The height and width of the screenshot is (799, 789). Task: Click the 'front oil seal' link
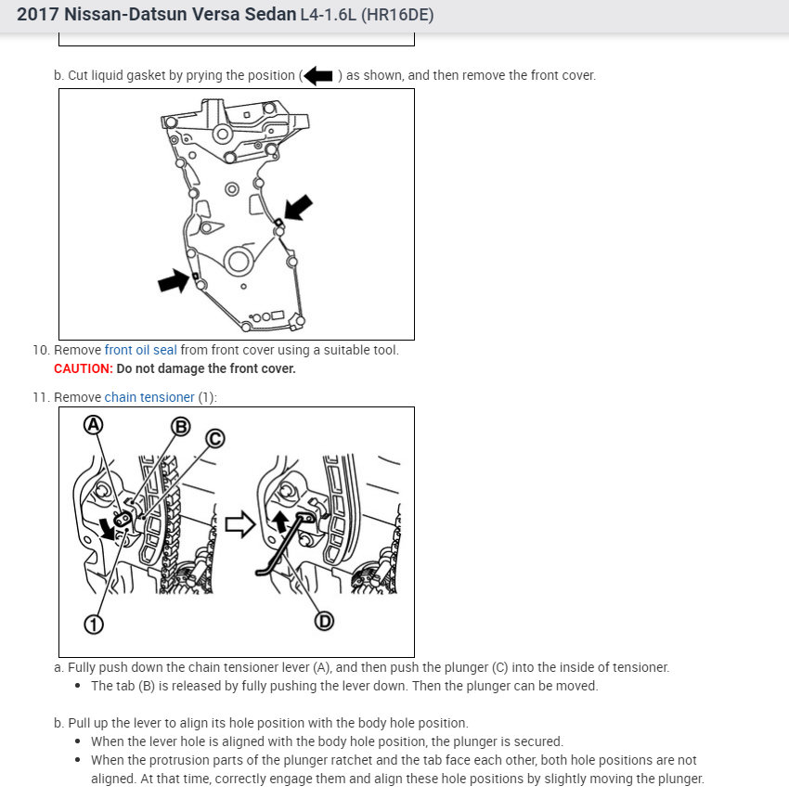pos(140,350)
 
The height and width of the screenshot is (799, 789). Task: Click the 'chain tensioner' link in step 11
pos(149,397)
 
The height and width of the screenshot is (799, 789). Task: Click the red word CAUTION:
pos(83,368)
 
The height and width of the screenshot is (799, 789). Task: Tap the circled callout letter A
pos(93,424)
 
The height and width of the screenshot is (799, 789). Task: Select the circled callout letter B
pos(180,426)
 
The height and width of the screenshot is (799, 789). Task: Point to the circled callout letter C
pos(214,438)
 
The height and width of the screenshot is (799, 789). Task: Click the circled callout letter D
pos(324,621)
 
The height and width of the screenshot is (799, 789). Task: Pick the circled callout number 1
pos(93,624)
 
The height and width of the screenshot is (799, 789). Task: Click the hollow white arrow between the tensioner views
pos(239,525)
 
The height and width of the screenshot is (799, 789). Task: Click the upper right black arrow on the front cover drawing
pos(298,208)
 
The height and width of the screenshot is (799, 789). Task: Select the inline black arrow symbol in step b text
pos(318,76)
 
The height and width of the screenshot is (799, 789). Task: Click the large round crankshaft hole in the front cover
pos(238,261)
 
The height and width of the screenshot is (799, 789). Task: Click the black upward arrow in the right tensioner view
pos(279,521)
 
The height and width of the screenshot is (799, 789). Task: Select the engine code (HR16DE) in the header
pos(396,16)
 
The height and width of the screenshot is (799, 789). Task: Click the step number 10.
pos(40,350)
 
